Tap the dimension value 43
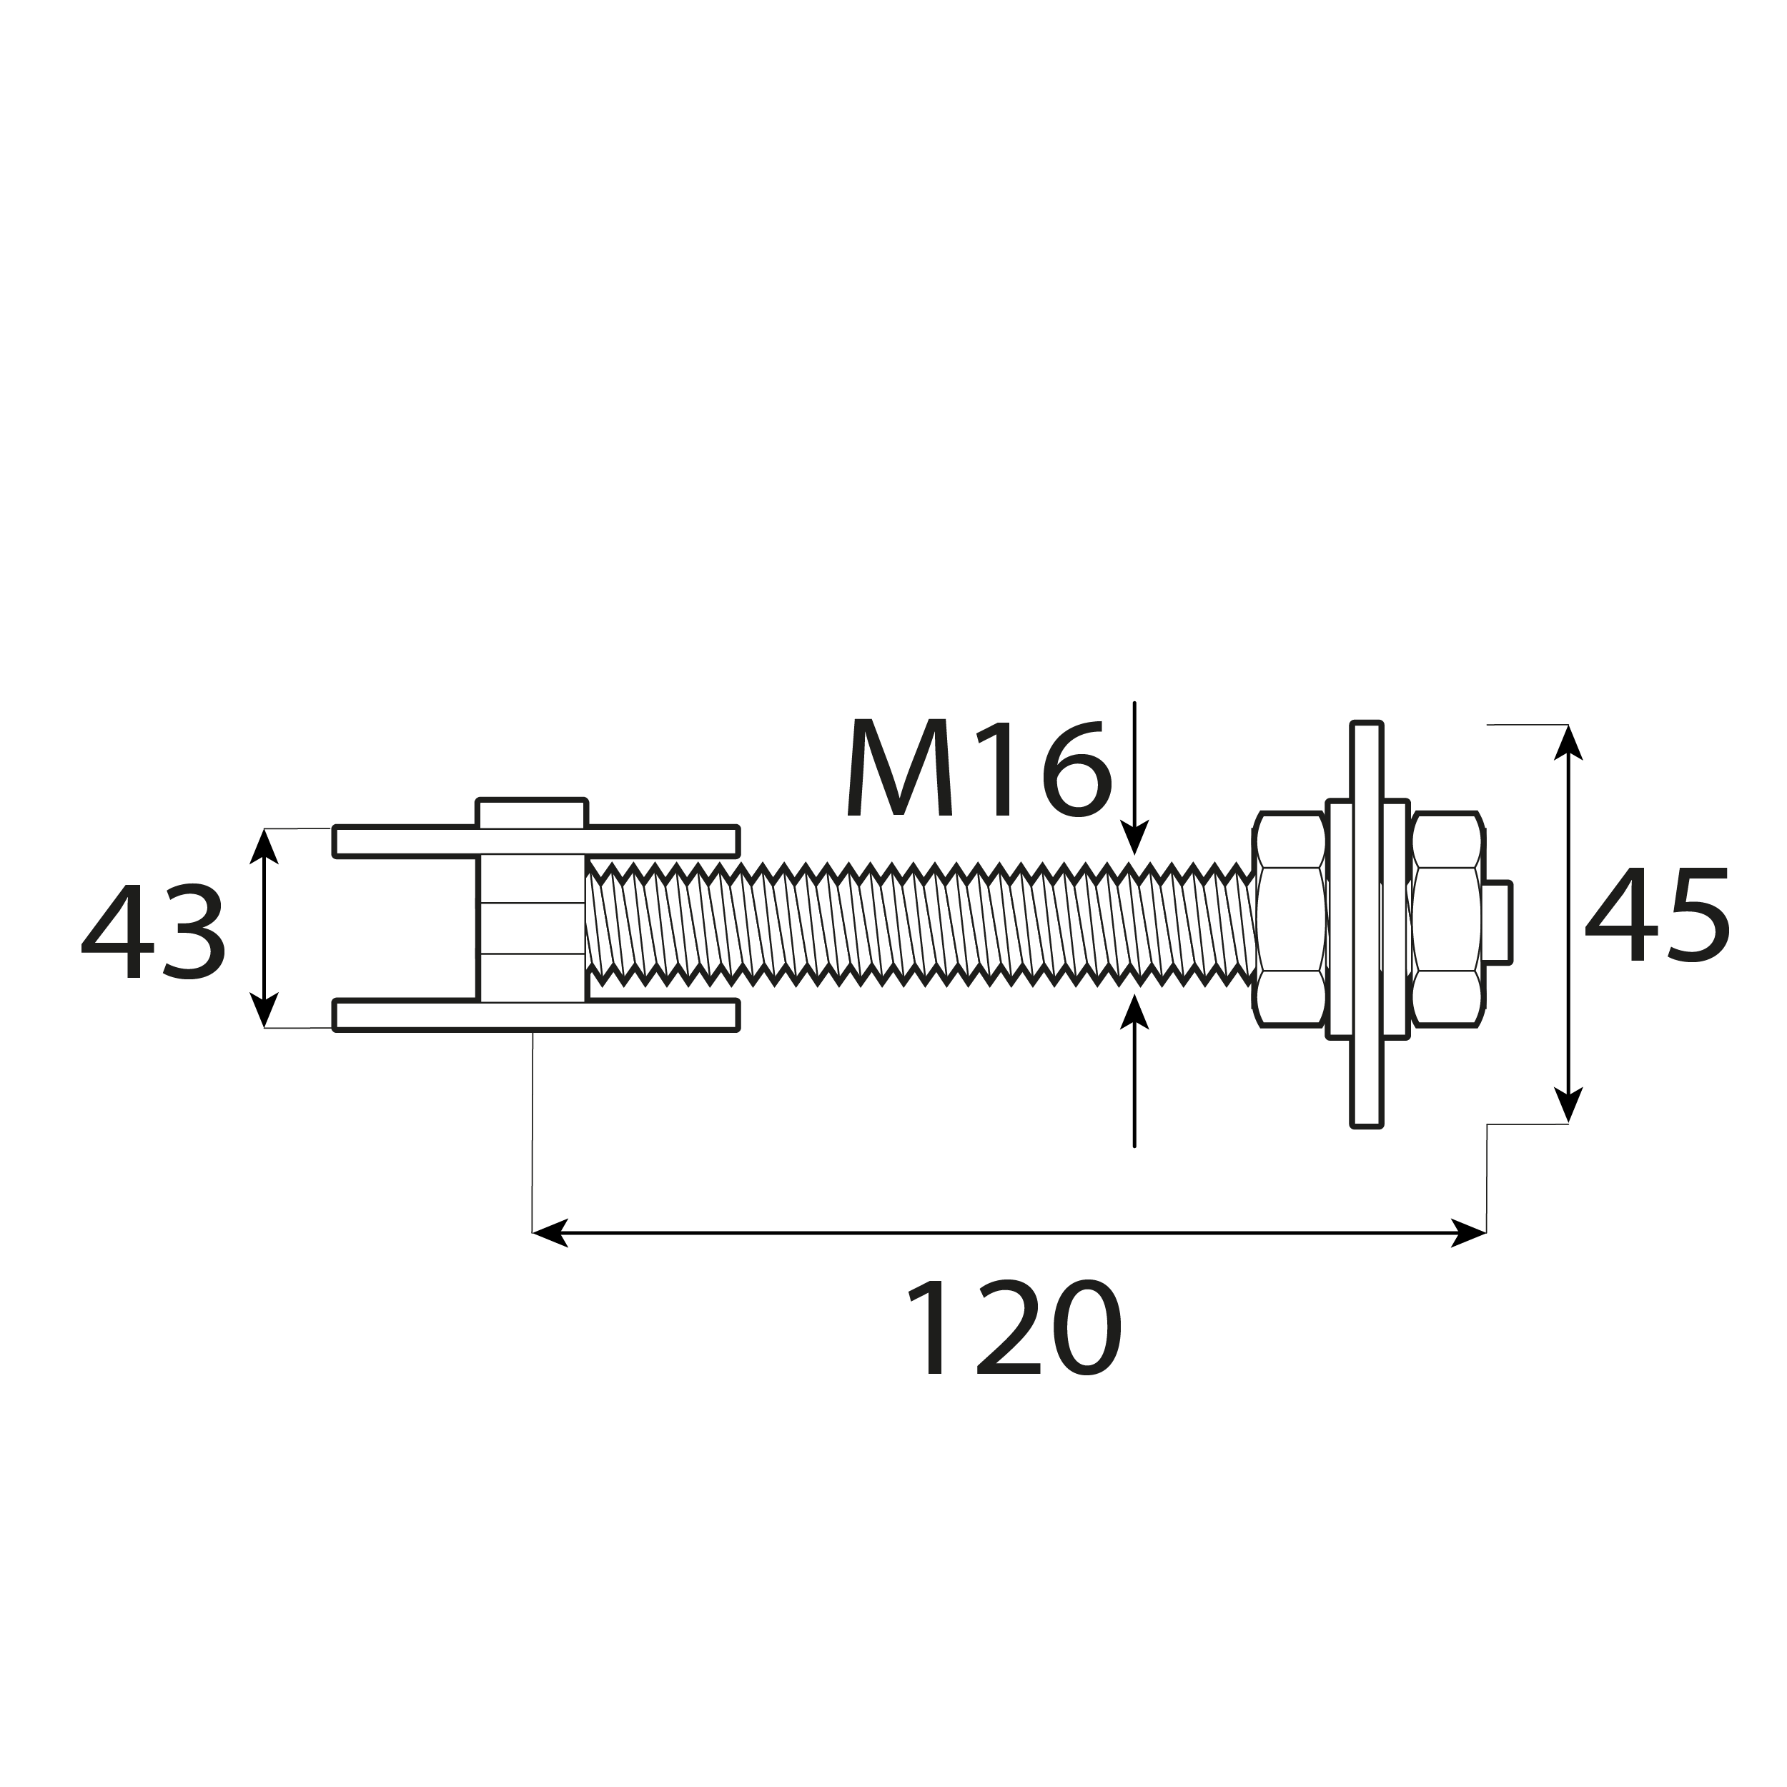click(153, 931)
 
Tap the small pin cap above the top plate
click(531, 812)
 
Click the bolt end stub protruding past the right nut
click(1497, 922)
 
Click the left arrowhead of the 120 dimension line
click(550, 1233)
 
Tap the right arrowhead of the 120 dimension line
click(1469, 1233)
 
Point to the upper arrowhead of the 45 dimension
click(1568, 743)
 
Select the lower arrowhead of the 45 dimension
click(1568, 1104)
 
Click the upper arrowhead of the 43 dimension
click(264, 846)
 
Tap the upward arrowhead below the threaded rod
click(1134, 1013)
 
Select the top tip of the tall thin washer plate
click(1366, 727)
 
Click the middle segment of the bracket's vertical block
click(532, 927)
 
